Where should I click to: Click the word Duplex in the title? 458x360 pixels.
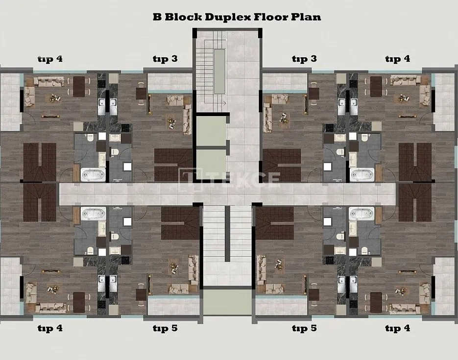pos(228,17)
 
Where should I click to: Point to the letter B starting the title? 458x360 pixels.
pos(157,17)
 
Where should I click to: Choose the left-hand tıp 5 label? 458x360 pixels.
pos(165,329)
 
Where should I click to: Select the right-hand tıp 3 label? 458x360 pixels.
pos(304,59)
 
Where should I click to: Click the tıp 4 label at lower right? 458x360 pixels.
pos(398,329)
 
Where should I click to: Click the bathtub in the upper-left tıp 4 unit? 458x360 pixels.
pos(93,174)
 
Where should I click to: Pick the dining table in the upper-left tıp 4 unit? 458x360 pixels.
pos(79,86)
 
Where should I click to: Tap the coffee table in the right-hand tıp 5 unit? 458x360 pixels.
pos(278,264)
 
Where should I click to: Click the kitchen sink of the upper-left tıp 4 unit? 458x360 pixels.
pos(101,106)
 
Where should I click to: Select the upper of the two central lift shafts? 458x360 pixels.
pos(212,131)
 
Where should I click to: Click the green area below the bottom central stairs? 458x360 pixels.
pos(227,303)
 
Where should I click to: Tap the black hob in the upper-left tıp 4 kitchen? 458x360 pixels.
pos(101,84)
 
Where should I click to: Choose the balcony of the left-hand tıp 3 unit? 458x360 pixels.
pos(170,82)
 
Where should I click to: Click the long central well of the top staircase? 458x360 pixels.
pos(219,71)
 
